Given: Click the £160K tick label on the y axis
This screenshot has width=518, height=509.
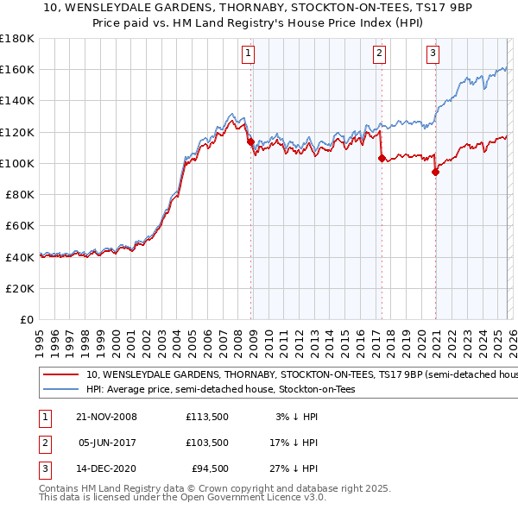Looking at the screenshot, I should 17,69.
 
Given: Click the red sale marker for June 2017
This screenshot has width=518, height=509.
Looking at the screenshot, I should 381,158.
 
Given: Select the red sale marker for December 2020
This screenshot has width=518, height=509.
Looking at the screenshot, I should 435,172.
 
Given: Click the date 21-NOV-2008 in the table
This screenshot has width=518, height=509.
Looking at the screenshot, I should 106,417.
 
